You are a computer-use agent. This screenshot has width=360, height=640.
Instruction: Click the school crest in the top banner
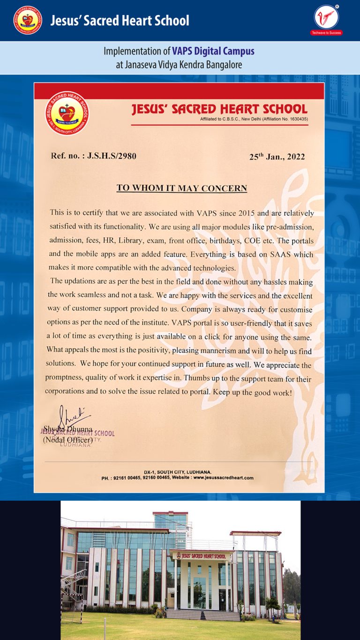28,20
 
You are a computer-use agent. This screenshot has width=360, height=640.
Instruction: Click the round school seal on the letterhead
67,113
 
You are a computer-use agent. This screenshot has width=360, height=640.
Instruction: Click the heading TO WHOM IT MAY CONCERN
181,188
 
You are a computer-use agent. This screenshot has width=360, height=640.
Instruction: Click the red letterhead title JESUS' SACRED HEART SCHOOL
219,110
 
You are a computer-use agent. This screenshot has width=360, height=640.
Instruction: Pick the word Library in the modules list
132,241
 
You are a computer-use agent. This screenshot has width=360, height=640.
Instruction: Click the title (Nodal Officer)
68,440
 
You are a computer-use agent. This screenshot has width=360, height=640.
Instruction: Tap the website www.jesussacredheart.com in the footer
223,478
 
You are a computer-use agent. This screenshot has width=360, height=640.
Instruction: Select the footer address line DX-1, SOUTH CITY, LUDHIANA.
178,472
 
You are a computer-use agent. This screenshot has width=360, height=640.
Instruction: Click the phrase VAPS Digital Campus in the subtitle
213,52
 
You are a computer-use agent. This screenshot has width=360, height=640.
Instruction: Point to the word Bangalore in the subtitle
223,65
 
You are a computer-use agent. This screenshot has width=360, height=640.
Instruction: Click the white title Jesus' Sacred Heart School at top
120,21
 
